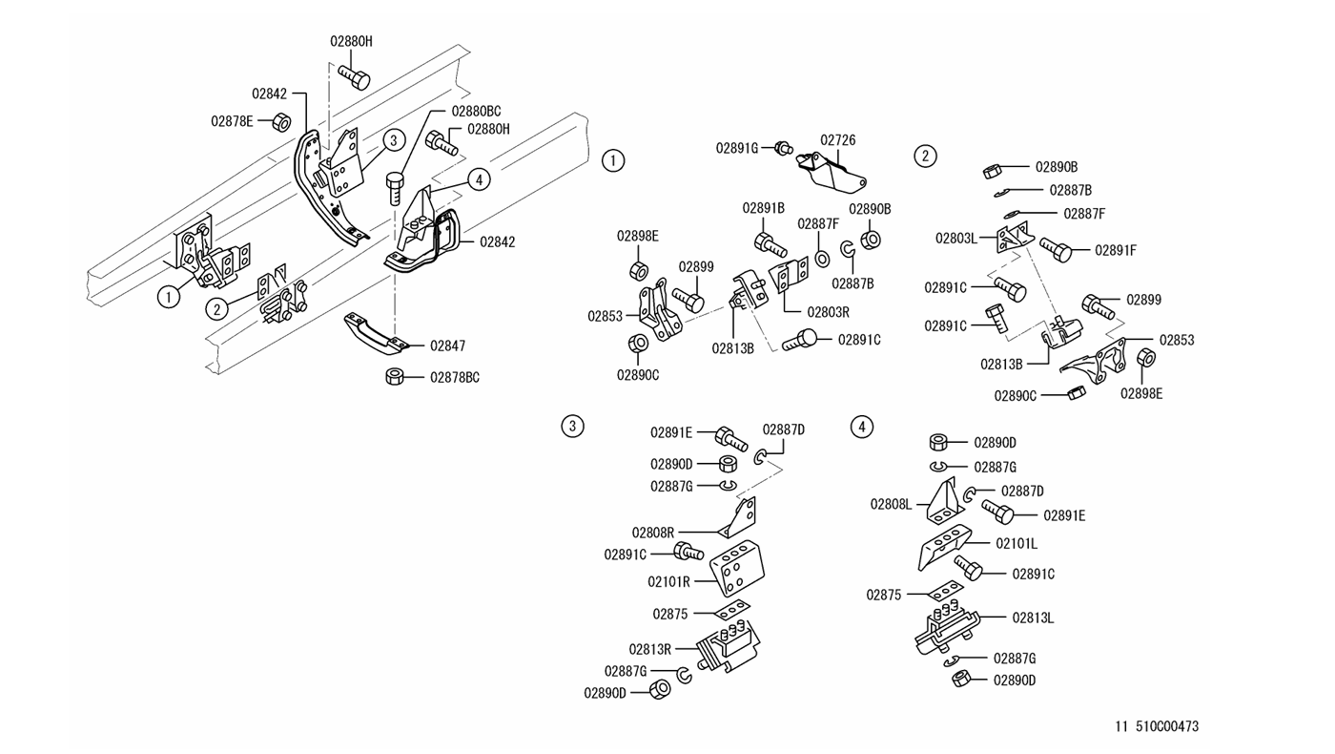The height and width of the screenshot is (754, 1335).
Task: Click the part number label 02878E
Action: click(232, 121)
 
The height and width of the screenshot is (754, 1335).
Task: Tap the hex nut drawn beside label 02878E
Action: click(281, 122)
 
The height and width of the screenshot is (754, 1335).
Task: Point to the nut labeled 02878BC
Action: click(394, 376)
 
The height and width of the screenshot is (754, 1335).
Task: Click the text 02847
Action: click(447, 346)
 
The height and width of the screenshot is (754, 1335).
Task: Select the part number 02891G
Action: click(737, 148)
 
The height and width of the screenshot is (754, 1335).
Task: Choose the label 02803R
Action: click(828, 311)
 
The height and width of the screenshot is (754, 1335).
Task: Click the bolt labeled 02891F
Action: click(1057, 249)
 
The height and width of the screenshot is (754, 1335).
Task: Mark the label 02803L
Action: click(955, 238)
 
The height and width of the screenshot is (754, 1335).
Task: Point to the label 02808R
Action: click(653, 533)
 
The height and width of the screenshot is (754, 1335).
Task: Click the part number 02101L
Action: click(1017, 543)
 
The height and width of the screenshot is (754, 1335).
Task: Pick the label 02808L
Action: click(891, 504)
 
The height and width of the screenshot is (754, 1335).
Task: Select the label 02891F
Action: click(1116, 251)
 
